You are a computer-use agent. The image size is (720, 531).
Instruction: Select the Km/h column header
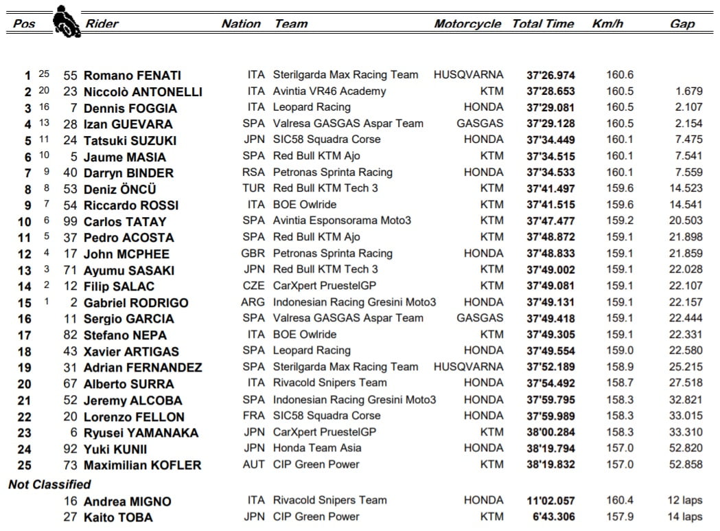point(607,24)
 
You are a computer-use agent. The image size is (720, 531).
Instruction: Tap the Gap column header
point(682,24)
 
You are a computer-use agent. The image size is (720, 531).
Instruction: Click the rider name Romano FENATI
point(132,76)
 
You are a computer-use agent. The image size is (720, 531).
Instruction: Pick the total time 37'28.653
point(550,91)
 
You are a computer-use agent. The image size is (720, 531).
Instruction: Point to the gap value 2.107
point(688,108)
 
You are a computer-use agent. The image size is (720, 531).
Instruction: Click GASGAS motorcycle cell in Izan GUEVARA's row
point(480,124)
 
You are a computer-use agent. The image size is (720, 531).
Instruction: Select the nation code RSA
point(253,172)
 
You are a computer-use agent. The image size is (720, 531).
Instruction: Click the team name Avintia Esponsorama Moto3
point(342,221)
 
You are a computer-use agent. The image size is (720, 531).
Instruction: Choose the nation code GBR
point(253,253)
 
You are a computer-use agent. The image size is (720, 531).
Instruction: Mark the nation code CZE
point(253,286)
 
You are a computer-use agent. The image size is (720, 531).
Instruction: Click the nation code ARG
point(253,302)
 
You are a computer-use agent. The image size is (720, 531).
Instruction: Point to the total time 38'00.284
point(550,432)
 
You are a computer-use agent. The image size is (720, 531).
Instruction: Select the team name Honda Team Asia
point(317,448)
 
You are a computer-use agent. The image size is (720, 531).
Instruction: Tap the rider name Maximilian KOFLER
point(142,465)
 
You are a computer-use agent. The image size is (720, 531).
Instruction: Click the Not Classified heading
point(49,485)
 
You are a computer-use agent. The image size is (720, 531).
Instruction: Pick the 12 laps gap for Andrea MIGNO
point(684,501)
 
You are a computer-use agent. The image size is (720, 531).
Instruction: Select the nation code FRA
point(253,416)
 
